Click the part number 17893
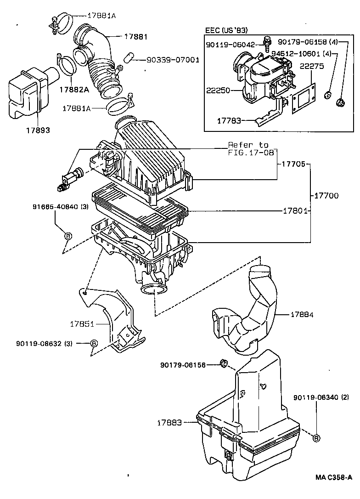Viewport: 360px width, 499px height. coord(37,130)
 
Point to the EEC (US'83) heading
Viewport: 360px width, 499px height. coord(226,30)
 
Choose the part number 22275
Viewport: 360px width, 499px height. coord(311,66)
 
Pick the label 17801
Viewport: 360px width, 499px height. coord(294,210)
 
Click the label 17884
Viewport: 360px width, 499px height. coord(302,315)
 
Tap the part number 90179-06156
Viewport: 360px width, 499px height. coord(183,365)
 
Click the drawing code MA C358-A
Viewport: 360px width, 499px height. coord(334,477)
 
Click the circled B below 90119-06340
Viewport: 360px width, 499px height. coord(316,438)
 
